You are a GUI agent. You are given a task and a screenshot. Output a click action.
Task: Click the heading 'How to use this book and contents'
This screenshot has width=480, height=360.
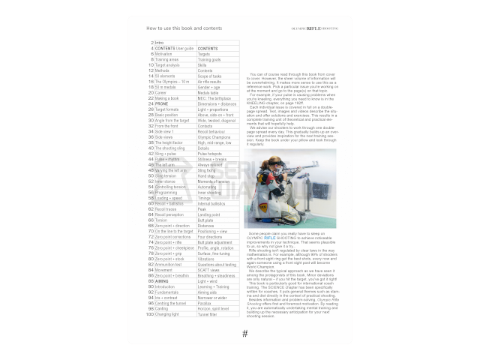coord(184,28)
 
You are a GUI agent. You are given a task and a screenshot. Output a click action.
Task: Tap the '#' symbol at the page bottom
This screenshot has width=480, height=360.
coord(244,334)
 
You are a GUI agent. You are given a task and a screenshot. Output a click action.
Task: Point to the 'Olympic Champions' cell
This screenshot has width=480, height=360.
coord(215,137)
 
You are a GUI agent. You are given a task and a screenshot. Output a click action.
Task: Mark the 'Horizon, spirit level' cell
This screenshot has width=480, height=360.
coord(217,308)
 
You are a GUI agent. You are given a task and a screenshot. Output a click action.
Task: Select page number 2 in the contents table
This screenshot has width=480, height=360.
coord(152,43)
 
